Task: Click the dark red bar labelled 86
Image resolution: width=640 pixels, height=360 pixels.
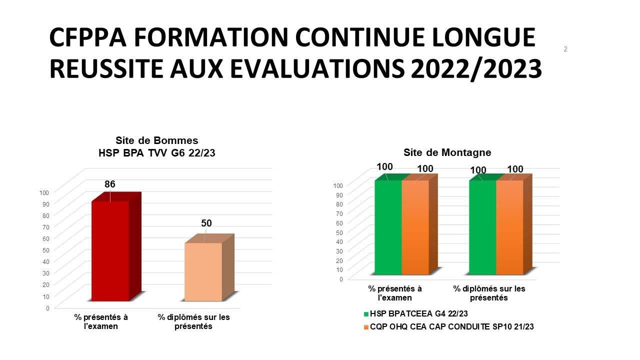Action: (x=110, y=251)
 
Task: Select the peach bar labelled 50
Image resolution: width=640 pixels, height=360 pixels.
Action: (x=203, y=272)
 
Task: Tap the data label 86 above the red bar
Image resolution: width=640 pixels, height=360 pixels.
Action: (x=110, y=184)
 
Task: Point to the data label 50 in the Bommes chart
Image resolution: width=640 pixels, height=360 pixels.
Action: (x=206, y=223)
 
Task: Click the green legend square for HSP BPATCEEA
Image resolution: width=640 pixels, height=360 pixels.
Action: (x=366, y=314)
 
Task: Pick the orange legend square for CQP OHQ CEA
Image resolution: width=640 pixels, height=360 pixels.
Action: (x=366, y=327)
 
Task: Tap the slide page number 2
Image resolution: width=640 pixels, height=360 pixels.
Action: (x=565, y=49)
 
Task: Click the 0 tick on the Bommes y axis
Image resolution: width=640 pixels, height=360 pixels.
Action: (x=47, y=308)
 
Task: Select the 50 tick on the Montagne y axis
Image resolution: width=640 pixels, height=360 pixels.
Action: (x=339, y=232)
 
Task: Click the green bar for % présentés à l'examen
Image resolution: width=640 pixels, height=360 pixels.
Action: (x=388, y=227)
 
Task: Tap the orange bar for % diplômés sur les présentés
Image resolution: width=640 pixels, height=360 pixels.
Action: (x=509, y=227)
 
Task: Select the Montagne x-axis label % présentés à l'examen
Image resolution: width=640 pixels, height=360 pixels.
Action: (x=395, y=293)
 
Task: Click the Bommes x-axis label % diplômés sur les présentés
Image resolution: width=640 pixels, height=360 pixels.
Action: (x=194, y=322)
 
